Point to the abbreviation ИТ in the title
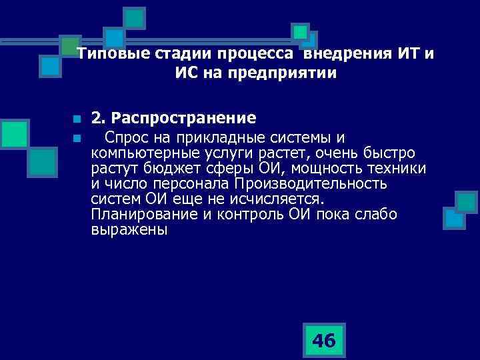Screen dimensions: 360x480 point(409,55)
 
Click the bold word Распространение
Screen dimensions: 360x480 point(184,119)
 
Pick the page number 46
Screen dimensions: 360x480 point(324,341)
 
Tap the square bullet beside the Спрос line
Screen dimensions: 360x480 point(77,138)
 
